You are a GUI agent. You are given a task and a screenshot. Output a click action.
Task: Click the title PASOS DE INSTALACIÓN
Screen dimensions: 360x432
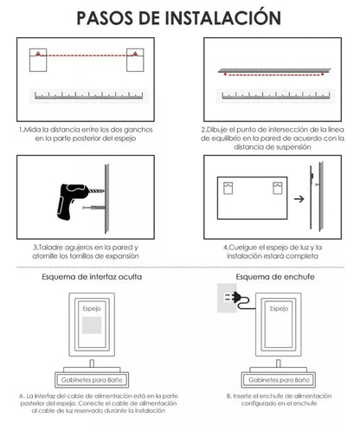click(179, 17)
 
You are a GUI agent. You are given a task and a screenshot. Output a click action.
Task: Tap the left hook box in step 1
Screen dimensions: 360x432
click(38, 60)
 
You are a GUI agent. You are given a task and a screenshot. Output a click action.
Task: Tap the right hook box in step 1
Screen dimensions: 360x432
click(135, 60)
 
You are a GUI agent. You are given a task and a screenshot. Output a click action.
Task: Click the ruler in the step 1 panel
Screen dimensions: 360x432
click(89, 96)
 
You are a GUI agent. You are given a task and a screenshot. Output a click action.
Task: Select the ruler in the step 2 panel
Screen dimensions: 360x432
click(276, 96)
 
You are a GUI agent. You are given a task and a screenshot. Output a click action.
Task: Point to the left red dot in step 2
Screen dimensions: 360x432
click(225, 74)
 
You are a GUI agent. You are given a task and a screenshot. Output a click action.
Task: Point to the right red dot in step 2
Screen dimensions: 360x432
click(323, 74)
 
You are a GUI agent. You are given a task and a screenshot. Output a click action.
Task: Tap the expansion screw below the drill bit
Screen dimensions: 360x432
click(93, 208)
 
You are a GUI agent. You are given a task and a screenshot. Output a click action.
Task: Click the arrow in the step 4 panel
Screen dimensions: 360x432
click(299, 199)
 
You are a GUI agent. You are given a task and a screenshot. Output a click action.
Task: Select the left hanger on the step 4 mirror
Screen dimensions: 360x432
click(228, 188)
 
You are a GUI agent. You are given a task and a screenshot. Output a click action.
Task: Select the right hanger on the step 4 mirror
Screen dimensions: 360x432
click(278, 188)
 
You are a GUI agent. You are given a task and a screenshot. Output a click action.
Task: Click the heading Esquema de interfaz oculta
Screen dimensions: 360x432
click(92, 277)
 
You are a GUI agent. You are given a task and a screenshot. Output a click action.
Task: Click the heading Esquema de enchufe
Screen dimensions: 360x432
click(275, 277)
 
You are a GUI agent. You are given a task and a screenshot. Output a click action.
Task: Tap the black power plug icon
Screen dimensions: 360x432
click(235, 297)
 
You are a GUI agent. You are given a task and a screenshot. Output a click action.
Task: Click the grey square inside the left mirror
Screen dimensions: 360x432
click(92, 326)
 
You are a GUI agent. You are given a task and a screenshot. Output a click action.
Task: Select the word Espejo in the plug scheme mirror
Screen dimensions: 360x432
click(279, 309)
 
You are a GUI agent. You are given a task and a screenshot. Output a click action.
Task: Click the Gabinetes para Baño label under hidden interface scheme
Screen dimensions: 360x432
click(92, 380)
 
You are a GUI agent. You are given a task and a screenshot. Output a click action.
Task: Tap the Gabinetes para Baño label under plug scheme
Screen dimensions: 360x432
click(279, 380)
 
